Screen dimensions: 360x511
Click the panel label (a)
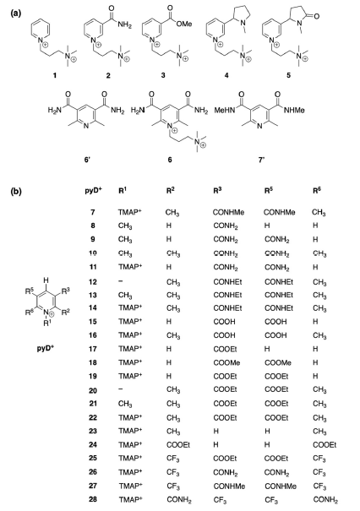16,14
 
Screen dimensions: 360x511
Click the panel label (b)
16,191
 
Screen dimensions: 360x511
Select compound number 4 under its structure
226,75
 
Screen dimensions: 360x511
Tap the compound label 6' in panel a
87,160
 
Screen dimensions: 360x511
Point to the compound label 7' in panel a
261,160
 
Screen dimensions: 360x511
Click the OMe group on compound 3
184,24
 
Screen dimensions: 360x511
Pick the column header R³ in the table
217,191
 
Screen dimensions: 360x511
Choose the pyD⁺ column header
93,191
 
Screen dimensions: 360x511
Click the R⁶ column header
317,191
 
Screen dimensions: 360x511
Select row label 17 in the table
93,349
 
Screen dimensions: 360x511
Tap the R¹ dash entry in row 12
121,281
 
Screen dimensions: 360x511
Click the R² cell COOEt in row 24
178,444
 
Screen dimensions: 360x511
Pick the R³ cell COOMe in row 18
226,362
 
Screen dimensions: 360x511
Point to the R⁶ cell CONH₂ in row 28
325,500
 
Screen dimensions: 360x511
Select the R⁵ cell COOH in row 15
275,322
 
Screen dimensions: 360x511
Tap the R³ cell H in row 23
215,431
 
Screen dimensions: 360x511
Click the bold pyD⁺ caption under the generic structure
46,348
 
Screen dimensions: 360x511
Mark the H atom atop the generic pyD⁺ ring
46,280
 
